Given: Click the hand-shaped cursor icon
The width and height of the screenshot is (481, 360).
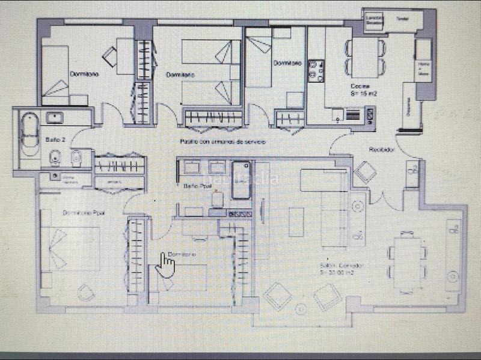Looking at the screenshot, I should pyautogui.click(x=166, y=265).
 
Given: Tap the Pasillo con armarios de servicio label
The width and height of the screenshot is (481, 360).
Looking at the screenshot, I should pyautogui.click(x=222, y=141).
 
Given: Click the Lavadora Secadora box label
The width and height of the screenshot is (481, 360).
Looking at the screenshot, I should pyautogui.click(x=375, y=20).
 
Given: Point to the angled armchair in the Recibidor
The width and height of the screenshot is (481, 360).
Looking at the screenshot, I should pyautogui.click(x=365, y=172).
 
